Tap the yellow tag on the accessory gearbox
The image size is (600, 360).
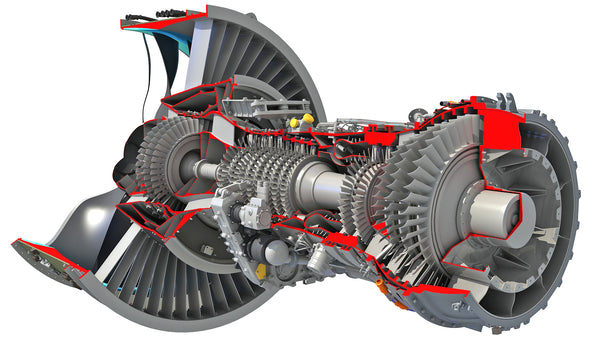tap(262, 269)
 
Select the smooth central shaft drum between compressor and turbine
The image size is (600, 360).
tap(319, 184)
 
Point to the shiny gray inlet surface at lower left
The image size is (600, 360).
tap(80, 215)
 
